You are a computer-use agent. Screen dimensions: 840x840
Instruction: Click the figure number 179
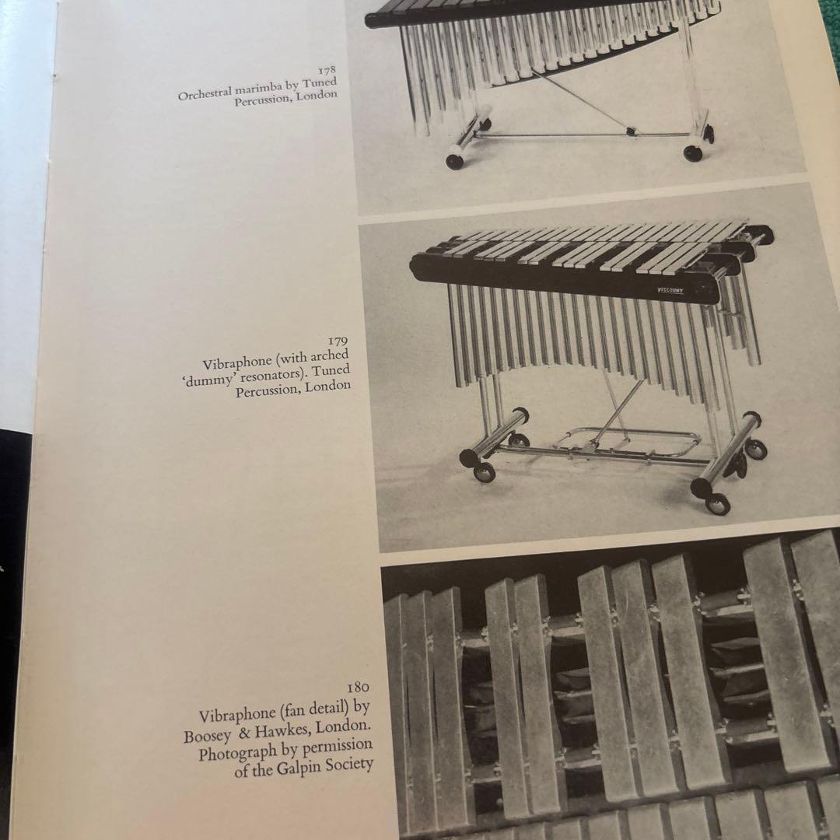click(337, 341)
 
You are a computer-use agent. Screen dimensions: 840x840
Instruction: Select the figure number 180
click(358, 688)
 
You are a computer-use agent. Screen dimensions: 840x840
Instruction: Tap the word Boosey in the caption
click(208, 735)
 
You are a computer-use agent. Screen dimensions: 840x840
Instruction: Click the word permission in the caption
click(337, 746)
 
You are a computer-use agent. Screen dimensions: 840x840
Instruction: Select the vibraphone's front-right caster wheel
click(717, 504)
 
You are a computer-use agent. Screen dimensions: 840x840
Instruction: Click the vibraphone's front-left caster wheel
click(484, 472)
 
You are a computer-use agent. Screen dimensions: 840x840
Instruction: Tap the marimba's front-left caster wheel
click(456, 161)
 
